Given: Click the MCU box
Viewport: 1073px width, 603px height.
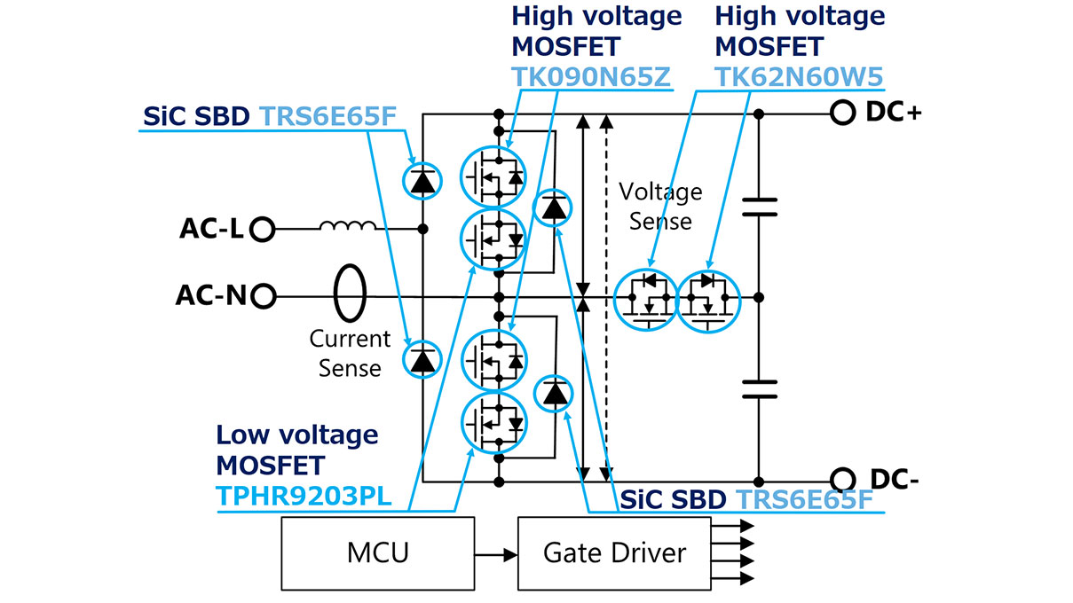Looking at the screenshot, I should (x=377, y=552).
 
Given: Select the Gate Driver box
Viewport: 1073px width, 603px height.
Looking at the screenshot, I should (x=614, y=552).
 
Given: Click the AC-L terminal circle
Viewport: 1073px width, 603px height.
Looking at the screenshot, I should (x=261, y=230).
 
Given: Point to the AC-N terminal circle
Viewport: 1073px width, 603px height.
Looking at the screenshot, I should (x=263, y=295).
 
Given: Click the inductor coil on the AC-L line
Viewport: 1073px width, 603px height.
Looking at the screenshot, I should (x=347, y=227).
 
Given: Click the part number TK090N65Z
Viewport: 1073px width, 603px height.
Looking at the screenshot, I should (x=591, y=77).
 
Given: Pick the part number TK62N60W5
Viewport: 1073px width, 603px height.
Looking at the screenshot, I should (x=799, y=77).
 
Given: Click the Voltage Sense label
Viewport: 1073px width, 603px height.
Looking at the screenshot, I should (x=660, y=206).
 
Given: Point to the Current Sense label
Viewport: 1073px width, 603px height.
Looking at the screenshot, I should (x=350, y=353).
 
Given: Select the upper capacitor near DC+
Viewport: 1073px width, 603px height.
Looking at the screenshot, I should (x=759, y=207).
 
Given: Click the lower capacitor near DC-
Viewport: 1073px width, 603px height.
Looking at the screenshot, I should (x=759, y=388).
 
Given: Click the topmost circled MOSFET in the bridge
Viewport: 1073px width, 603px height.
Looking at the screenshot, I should (x=493, y=176).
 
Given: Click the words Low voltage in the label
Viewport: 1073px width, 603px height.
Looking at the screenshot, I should (x=297, y=435).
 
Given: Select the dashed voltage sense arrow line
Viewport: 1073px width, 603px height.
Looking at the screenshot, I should (x=607, y=293).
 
